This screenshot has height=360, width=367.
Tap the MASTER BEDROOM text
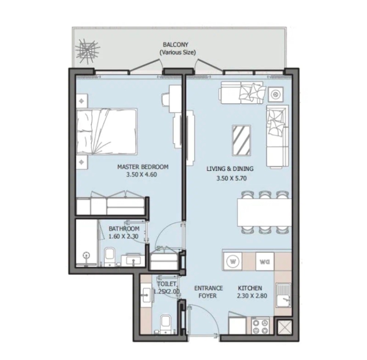click(143, 167)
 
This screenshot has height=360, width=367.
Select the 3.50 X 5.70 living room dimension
click(232, 179)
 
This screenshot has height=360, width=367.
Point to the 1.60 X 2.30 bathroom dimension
click(123, 236)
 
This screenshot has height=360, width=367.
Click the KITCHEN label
click(250, 288)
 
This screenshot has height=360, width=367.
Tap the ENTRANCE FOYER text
click(208, 292)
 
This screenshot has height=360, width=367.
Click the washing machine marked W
click(233, 261)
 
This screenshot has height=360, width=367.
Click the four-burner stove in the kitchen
click(260, 326)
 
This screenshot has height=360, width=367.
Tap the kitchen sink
click(283, 295)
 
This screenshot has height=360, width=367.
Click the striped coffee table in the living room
click(241, 140)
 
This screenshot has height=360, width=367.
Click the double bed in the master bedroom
click(107, 131)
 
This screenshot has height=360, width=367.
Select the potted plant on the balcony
click(87, 51)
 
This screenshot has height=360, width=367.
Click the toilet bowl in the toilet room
click(166, 324)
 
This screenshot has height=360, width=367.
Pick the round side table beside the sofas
click(276, 94)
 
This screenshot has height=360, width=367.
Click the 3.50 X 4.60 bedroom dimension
click(141, 174)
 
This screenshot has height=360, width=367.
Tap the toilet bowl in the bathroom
click(109, 256)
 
